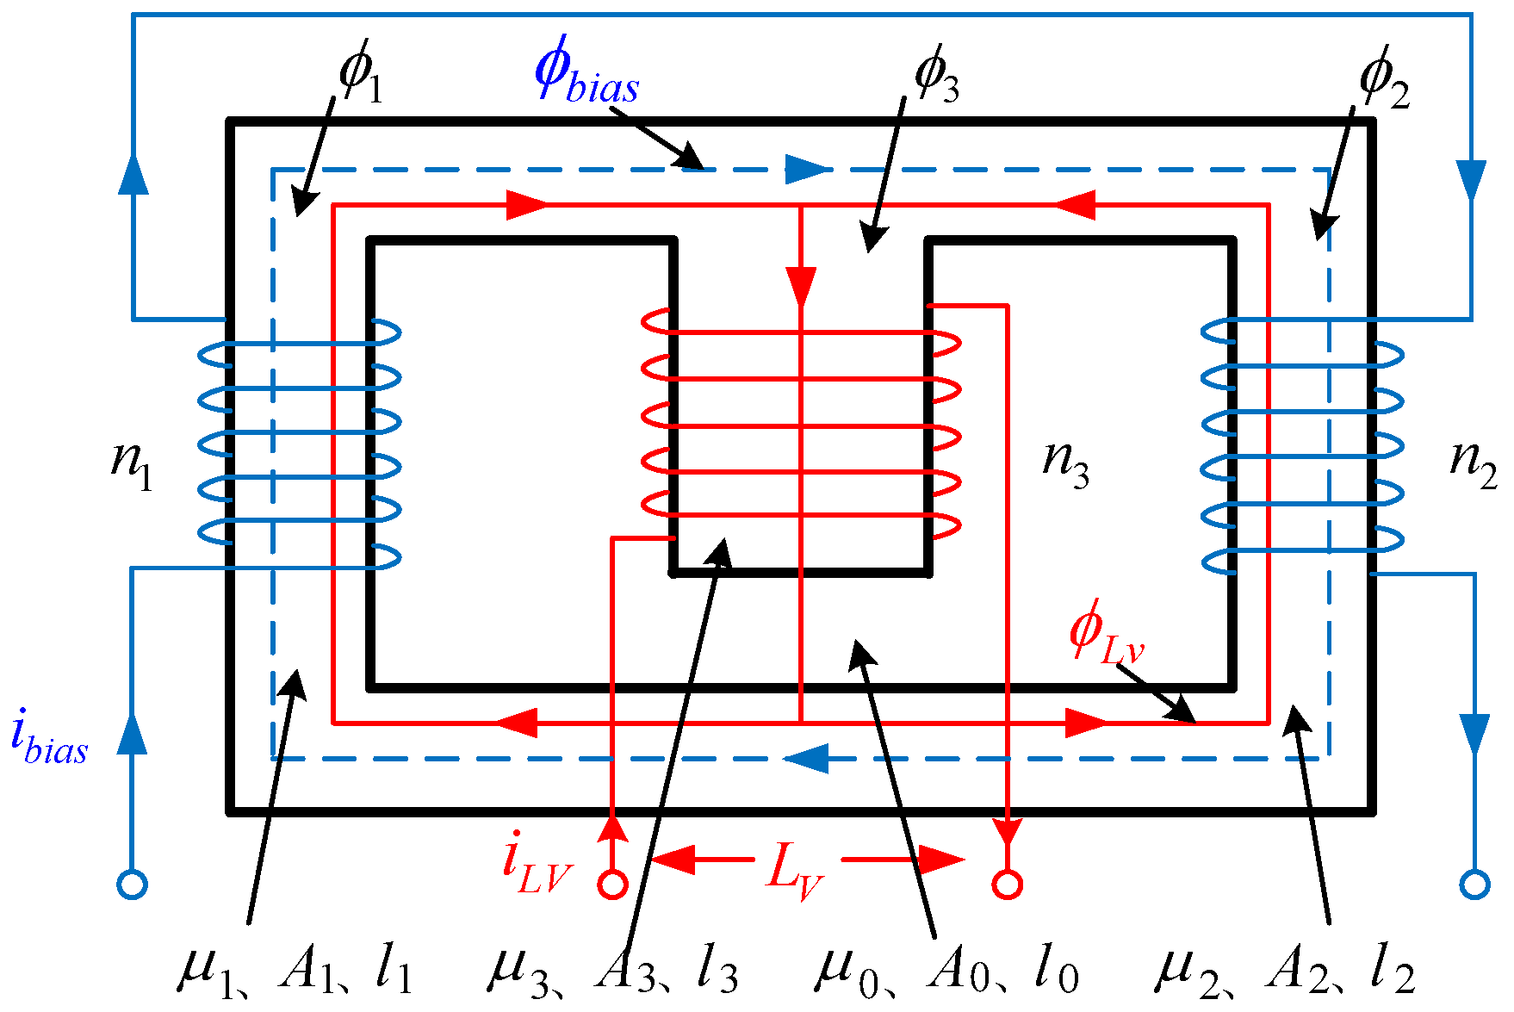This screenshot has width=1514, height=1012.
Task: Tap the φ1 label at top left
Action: tap(360, 74)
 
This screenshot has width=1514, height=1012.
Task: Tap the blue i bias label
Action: tap(49, 737)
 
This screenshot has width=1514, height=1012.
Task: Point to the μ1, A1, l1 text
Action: tap(295, 972)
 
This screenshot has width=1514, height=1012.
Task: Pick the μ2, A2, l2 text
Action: tap(1283, 972)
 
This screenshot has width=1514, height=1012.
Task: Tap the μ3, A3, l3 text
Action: tap(613, 972)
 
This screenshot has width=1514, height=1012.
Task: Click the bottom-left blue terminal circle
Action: tap(132, 885)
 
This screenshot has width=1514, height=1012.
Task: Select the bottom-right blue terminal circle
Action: tap(1474, 885)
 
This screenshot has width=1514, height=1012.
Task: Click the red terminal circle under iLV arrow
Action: tap(612, 885)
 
